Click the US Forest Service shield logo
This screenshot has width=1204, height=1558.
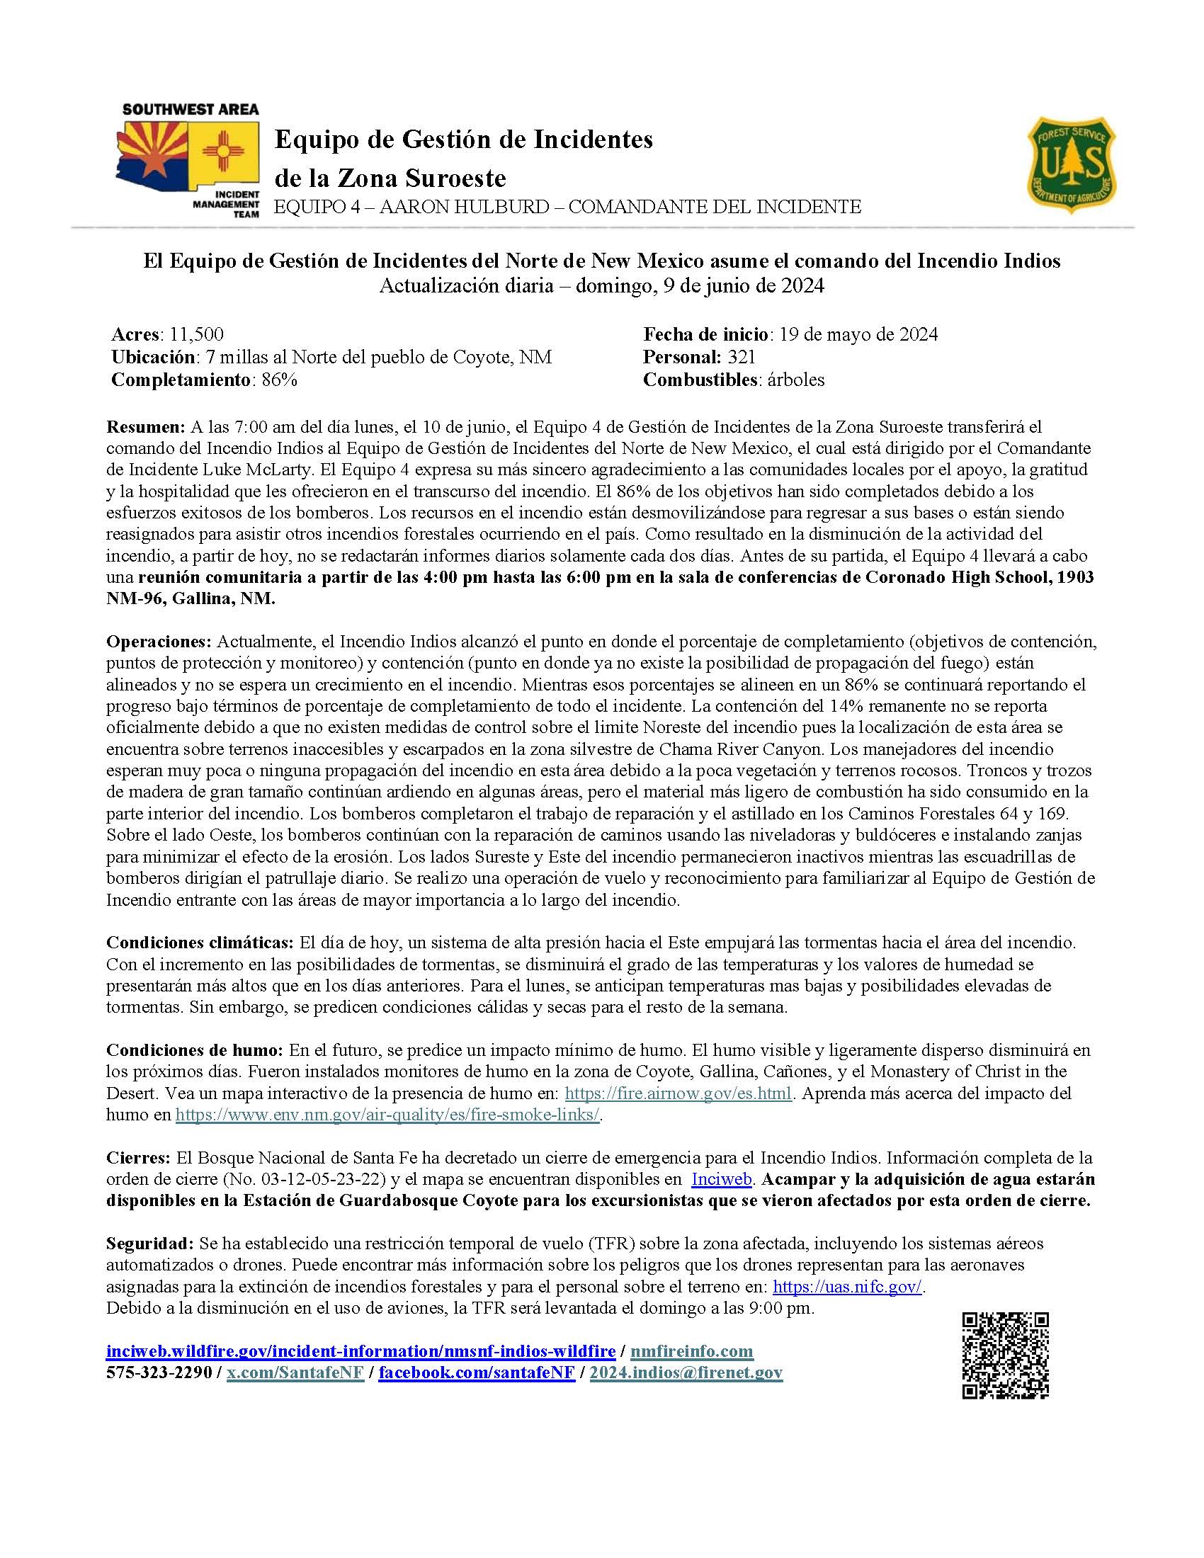point(1071,166)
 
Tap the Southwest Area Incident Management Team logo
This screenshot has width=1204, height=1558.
point(189,160)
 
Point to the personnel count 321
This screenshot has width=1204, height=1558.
point(741,358)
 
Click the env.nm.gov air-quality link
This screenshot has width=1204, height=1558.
point(387,1115)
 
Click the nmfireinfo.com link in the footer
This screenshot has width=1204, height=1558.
point(692,1351)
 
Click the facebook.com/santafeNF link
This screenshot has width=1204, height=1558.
point(477,1372)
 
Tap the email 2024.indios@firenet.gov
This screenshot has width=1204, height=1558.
point(686,1372)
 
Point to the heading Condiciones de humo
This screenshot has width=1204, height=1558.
point(195,1050)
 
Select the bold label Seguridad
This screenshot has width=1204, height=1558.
point(149,1244)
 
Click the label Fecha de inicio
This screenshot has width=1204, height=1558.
point(705,334)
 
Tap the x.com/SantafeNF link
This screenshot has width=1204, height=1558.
point(295,1372)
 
